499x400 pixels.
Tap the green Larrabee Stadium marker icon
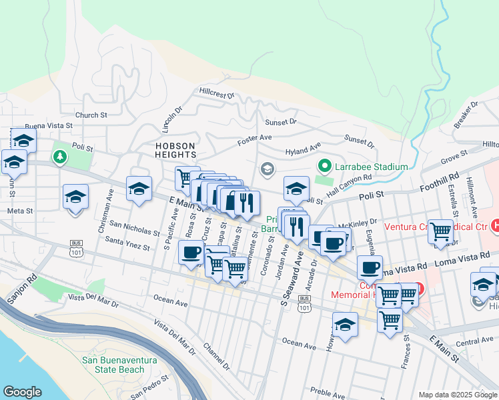tap(325, 165)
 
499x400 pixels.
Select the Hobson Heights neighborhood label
tap(176, 151)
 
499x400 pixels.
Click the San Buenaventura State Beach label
tap(122, 365)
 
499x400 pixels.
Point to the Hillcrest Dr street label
tap(217, 92)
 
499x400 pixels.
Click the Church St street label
tap(91, 115)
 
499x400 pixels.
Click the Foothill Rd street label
tap(445, 182)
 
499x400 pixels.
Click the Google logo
tap(23, 392)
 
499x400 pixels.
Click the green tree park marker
tap(61, 156)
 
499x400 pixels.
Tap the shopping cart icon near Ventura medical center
tap(440, 231)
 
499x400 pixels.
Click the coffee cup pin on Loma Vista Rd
tap(369, 269)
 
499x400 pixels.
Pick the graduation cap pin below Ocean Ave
tap(344, 325)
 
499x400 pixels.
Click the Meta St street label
tap(20, 211)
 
